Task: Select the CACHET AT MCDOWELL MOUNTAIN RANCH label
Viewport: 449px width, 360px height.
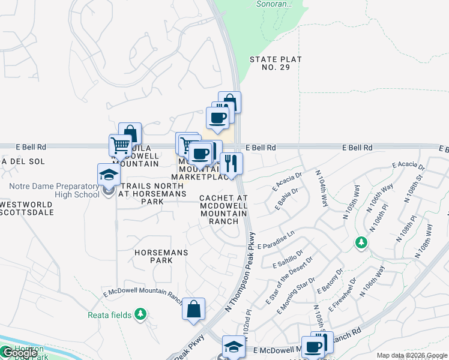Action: coord(224,209)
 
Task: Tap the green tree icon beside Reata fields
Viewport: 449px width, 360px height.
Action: coord(140,314)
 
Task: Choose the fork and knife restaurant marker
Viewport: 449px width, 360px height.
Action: coord(231,163)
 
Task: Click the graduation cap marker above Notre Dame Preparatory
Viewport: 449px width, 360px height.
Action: coord(109,174)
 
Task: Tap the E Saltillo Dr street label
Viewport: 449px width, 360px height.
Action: coord(288,259)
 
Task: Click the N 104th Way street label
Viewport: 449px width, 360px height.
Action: coord(323,188)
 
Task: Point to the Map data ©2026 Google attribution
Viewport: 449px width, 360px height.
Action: coord(412,355)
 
